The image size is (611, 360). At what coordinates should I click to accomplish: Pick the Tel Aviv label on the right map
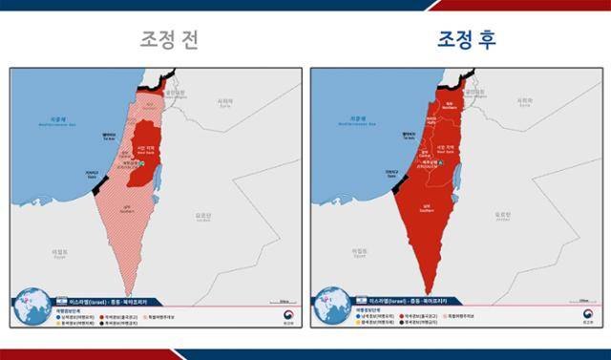pyautogui.click(x=409, y=136)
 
